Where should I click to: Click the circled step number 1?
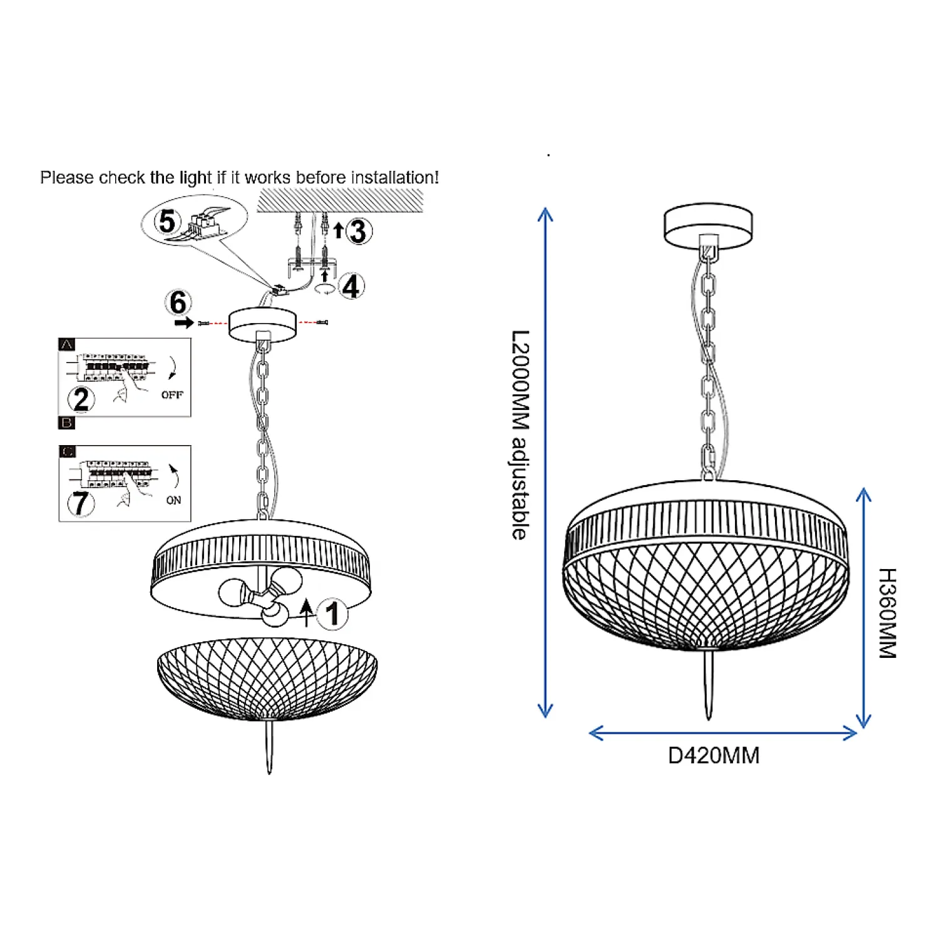click(332, 613)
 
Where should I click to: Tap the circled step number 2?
click(81, 399)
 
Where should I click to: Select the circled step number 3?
click(358, 232)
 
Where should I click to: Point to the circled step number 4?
click(351, 286)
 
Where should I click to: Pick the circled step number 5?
click(167, 221)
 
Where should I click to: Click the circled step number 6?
click(178, 302)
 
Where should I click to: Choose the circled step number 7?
click(81, 503)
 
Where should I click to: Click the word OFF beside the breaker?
click(172, 395)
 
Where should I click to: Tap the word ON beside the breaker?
click(173, 500)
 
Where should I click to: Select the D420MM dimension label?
click(714, 756)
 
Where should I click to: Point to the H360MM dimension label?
click(888, 613)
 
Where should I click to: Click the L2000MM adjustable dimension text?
click(520, 434)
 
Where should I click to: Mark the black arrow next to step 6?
click(184, 322)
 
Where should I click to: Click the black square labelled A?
click(66, 344)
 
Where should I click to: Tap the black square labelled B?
click(66, 423)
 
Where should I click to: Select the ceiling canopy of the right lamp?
click(708, 225)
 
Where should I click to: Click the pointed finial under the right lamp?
click(709, 685)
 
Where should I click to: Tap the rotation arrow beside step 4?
click(325, 289)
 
